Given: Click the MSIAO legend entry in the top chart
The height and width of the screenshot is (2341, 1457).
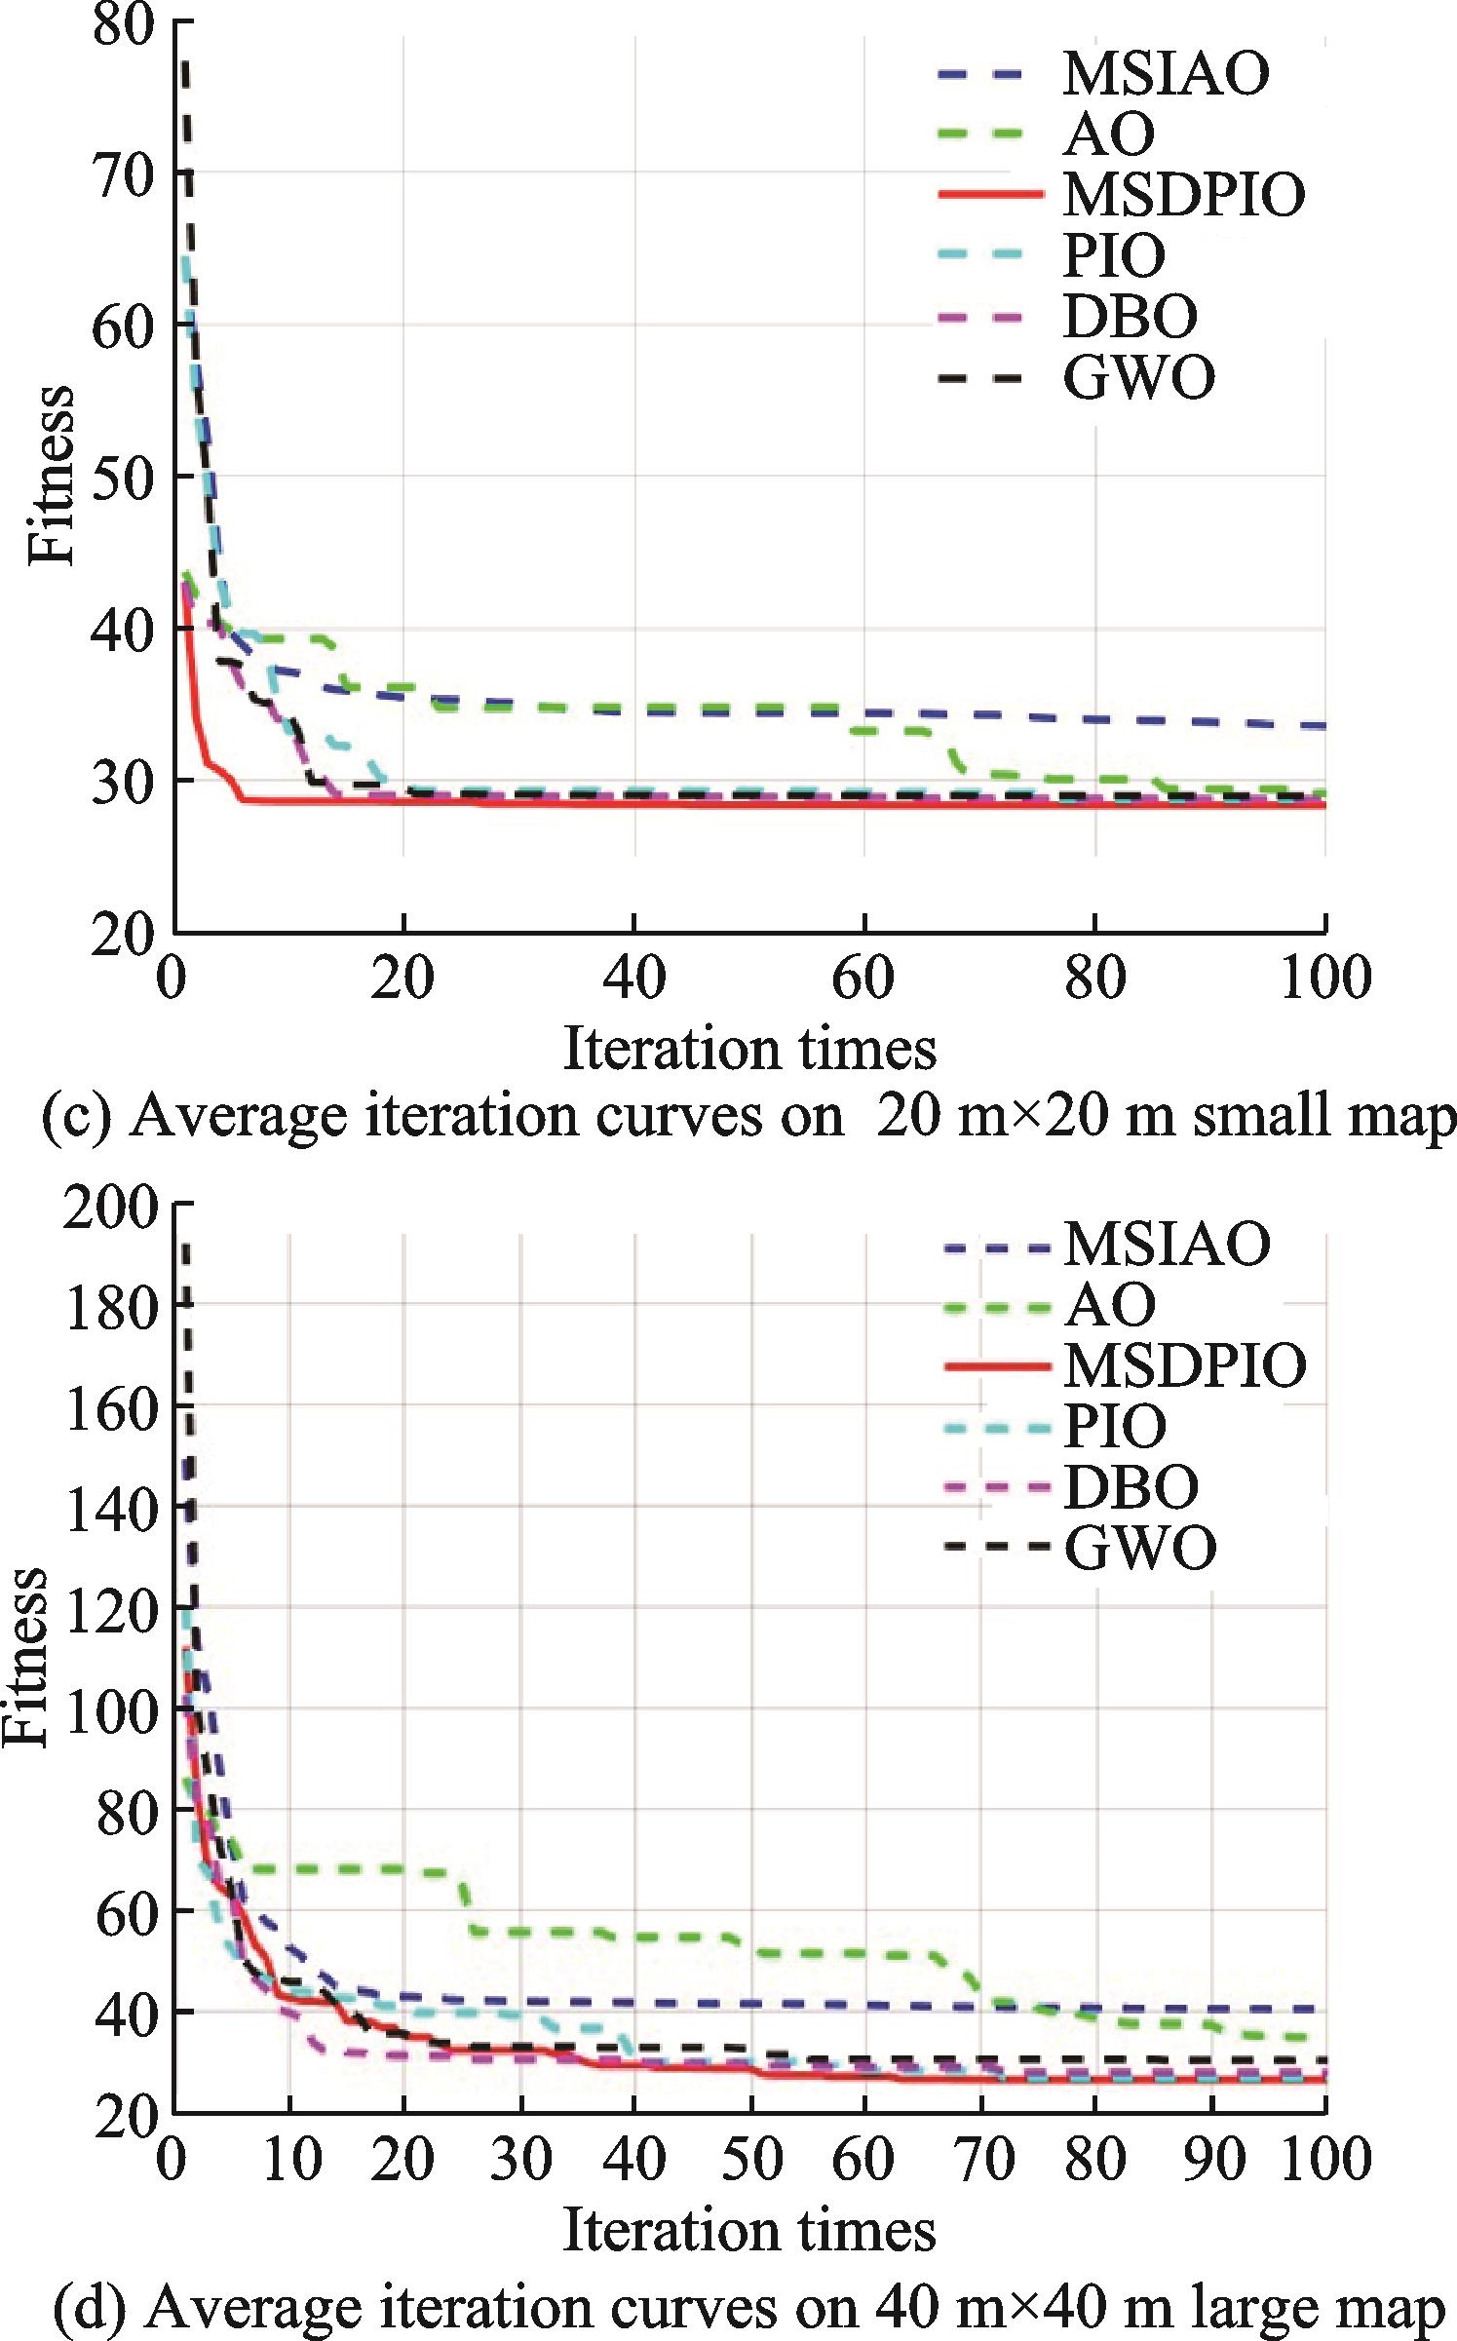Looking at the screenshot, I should pyautogui.click(x=1166, y=74).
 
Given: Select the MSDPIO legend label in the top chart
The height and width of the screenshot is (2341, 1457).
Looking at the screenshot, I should pyautogui.click(x=1183, y=194).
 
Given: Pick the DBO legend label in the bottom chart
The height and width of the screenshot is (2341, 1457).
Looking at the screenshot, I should pyautogui.click(x=1131, y=1486).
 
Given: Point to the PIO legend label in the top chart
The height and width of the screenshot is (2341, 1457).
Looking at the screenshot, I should pyautogui.click(x=1114, y=255).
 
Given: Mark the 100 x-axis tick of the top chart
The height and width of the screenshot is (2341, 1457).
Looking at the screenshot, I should pyautogui.click(x=1324, y=977).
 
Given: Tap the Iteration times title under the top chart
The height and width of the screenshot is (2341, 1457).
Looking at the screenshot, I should pyautogui.click(x=749, y=1050).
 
